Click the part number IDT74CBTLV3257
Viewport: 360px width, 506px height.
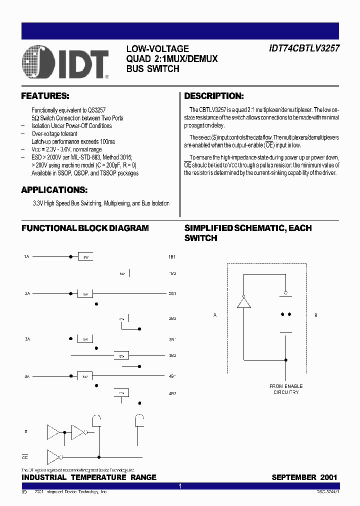click(302, 49)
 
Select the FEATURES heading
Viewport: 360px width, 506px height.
click(45, 96)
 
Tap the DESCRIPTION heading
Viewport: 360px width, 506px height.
click(214, 96)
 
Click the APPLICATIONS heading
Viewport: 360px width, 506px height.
click(54, 190)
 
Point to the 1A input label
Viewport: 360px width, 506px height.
click(27, 256)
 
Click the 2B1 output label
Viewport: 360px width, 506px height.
click(172, 293)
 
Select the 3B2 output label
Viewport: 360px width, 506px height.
click(172, 355)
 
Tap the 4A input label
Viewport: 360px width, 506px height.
click(27, 375)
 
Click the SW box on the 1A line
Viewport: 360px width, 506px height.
click(85, 256)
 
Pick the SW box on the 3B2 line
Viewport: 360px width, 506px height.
click(121, 355)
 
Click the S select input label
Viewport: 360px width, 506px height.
click(26, 431)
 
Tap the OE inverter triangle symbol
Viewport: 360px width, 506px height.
click(53, 456)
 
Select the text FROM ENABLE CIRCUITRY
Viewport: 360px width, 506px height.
click(286, 389)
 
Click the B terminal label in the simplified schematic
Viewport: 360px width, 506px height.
click(315, 315)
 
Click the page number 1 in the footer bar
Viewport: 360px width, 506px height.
click(180, 486)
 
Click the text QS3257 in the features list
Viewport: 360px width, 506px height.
click(96, 110)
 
